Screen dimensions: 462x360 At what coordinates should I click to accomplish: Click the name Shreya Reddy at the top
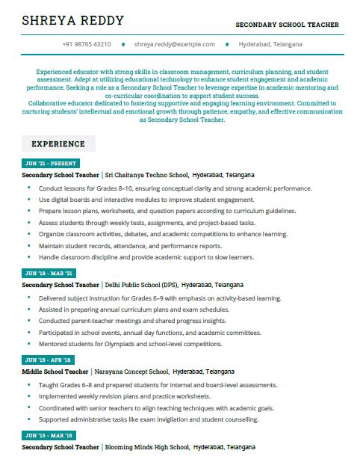tap(72, 20)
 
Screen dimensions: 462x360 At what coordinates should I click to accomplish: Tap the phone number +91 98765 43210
tap(87, 45)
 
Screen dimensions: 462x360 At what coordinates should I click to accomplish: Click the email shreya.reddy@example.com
tap(175, 45)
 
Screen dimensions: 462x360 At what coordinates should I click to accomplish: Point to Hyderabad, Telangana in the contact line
tap(270, 45)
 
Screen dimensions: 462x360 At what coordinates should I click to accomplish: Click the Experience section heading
tap(58, 144)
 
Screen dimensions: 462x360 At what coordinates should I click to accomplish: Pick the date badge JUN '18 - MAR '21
tap(49, 274)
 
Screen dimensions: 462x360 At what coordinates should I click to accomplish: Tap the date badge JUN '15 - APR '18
tap(49, 360)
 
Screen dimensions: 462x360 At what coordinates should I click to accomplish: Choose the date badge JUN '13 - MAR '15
tap(49, 435)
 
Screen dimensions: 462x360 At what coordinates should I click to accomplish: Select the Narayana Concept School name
tap(131, 372)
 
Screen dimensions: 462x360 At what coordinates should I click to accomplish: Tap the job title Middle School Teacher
tap(55, 372)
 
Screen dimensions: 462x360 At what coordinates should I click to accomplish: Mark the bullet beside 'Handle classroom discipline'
tap(28, 257)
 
